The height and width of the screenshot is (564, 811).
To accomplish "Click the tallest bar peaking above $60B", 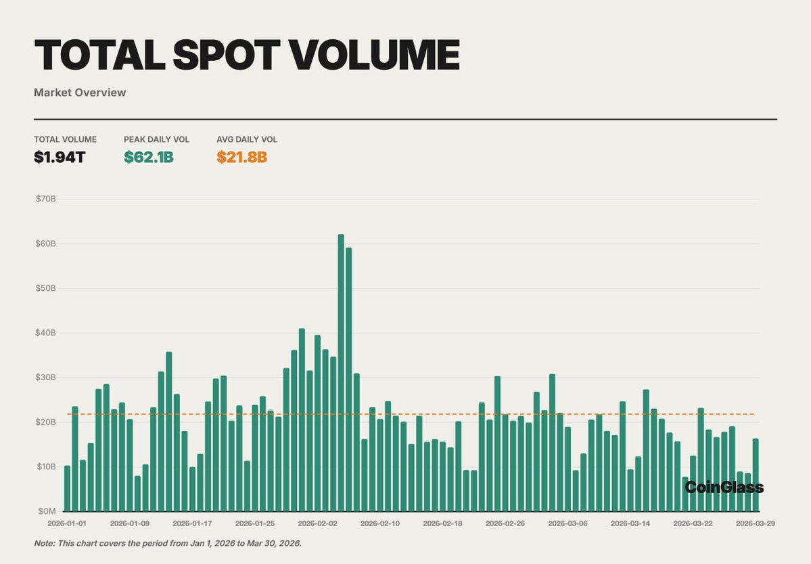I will pyautogui.click(x=341, y=372).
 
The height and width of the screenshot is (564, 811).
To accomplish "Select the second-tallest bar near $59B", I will pyautogui.click(x=349, y=379).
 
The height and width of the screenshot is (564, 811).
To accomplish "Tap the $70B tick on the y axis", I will pyautogui.click(x=46, y=199).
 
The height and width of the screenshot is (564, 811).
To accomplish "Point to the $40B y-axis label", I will pyautogui.click(x=46, y=333).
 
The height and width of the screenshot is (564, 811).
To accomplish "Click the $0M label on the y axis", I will pyautogui.click(x=47, y=511).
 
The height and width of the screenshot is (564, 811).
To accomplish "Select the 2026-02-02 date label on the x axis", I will pyautogui.click(x=317, y=523).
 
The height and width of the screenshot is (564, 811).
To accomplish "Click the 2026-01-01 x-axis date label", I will pyautogui.click(x=67, y=523).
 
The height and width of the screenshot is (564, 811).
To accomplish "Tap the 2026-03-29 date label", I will pyautogui.click(x=756, y=523).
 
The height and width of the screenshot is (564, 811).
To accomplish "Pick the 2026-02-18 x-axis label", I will pyautogui.click(x=443, y=523).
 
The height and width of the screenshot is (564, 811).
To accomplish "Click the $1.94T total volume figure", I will pyautogui.click(x=60, y=158).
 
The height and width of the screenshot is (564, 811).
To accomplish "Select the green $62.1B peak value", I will pyautogui.click(x=149, y=158).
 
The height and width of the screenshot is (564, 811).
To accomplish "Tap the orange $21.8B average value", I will pyautogui.click(x=241, y=158).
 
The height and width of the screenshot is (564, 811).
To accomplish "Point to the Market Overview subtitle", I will pyautogui.click(x=80, y=93).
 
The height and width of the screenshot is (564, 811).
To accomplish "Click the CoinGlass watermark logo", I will pyautogui.click(x=724, y=488).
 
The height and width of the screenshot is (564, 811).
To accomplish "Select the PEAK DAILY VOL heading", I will pyautogui.click(x=156, y=139).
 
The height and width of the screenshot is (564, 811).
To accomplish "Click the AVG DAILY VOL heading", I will pyautogui.click(x=247, y=139).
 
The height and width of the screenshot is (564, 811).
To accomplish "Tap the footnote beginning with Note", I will pyautogui.click(x=168, y=544).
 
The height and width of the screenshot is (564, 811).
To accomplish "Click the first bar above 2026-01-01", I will pyautogui.click(x=67, y=488).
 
